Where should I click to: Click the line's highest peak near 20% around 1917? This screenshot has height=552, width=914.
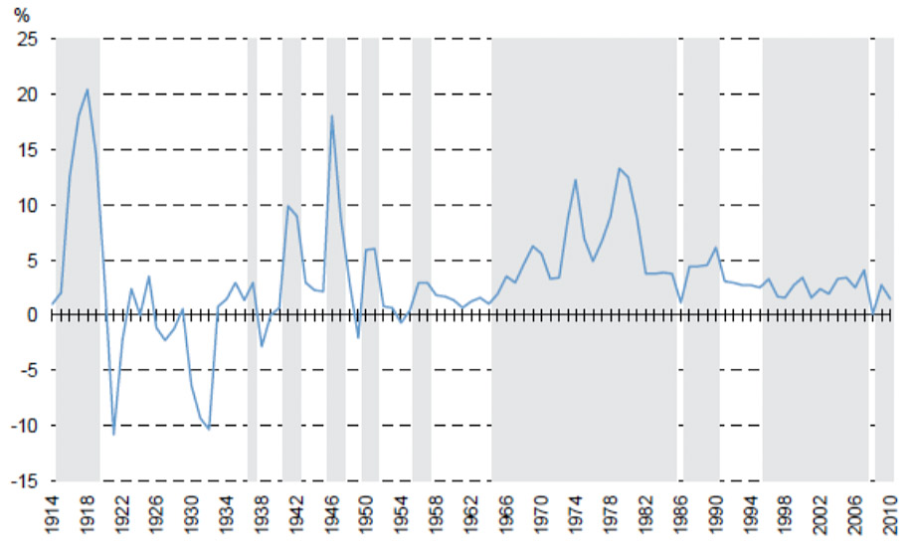(x=88, y=90)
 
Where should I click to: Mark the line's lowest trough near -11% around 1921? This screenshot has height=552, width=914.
(x=113, y=435)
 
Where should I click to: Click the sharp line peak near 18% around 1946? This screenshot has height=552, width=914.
(x=331, y=116)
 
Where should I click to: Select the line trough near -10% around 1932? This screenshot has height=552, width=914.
(x=209, y=429)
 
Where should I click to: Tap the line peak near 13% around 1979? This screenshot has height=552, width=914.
(x=619, y=168)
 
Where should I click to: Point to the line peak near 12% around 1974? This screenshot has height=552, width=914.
(x=576, y=179)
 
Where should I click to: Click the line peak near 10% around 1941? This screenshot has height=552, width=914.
(x=287, y=206)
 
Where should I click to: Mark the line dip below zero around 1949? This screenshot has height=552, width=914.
(x=358, y=338)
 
